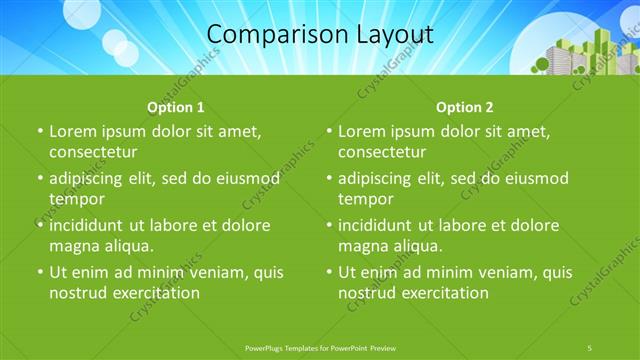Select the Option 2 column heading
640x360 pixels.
tap(464, 107)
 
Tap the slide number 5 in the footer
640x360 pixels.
tap(589, 347)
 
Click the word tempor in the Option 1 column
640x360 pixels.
tap(76, 199)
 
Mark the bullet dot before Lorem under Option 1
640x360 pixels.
tap(40, 132)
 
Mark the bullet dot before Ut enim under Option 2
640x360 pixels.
tap(329, 272)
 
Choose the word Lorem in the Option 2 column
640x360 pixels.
tap(361, 132)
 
